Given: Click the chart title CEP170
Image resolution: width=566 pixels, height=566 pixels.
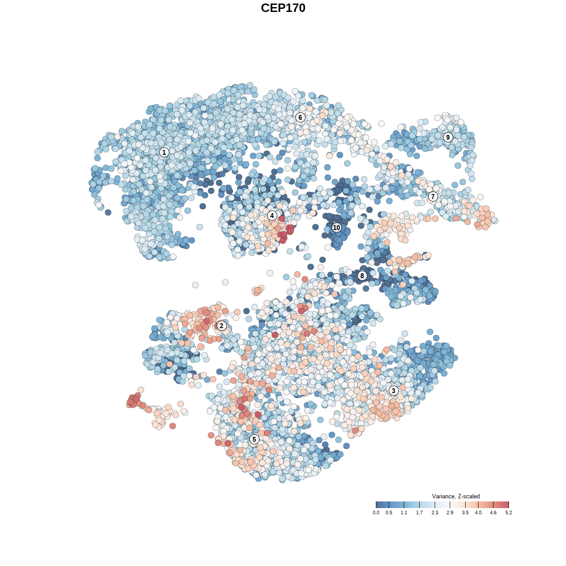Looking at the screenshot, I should coord(283,8).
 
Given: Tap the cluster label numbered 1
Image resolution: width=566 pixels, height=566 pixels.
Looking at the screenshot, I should coord(164,152).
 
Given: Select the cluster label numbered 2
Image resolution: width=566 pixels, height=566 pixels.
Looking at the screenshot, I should coord(222,326).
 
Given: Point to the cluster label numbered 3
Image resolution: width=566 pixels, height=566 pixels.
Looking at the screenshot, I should coord(394,390).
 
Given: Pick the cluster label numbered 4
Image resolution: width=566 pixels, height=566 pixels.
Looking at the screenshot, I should coord(272,216).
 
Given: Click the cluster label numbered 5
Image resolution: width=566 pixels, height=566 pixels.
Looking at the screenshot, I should coord(254,439).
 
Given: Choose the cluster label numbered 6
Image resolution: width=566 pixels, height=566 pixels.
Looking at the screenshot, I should coord(300,117).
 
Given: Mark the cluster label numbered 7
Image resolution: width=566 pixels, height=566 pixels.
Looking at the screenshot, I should coord(433,197).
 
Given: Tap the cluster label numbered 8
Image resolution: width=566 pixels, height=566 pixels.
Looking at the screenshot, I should coord(362,276).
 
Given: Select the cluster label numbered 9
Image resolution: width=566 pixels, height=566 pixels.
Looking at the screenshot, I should coord(448,137).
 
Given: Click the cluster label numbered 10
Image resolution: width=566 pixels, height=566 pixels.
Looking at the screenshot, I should coord(337,228).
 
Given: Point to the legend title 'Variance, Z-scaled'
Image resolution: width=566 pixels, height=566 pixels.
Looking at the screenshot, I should coord(455,496).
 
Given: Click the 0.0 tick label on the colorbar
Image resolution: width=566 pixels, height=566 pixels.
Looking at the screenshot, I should coord(376,513).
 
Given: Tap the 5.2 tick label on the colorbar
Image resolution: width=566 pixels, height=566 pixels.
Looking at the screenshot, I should coord(509,513).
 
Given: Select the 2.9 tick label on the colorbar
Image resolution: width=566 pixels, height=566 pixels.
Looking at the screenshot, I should coord(450,513).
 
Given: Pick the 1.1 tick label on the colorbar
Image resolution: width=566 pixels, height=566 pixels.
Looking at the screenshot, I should coord(404,513).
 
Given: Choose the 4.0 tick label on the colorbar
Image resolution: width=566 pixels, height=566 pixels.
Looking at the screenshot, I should coord(478,513).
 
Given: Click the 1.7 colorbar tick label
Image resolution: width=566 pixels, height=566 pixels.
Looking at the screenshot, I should coord(419,513).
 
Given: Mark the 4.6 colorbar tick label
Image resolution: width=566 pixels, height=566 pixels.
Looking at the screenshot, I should coord(493,513).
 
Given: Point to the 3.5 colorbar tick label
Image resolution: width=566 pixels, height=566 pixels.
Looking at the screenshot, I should coord(465,513).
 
